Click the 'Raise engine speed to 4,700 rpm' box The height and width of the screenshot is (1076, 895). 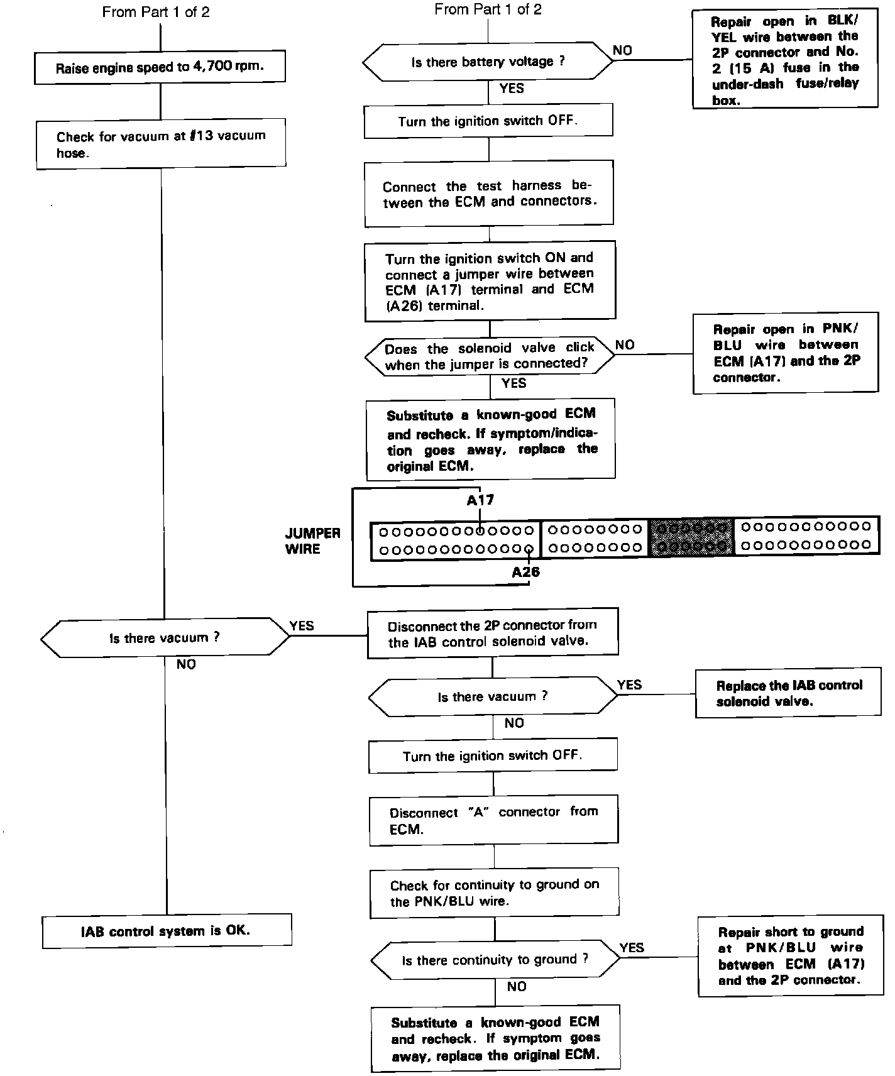[x=160, y=67]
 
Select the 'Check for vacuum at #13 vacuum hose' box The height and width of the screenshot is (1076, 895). [x=161, y=145]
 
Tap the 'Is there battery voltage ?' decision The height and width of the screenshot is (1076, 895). [x=488, y=62]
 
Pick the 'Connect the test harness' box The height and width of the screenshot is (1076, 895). [x=488, y=194]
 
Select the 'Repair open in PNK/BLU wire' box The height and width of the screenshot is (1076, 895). [x=786, y=353]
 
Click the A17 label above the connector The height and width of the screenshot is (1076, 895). [x=480, y=500]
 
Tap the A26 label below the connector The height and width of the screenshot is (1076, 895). [x=525, y=572]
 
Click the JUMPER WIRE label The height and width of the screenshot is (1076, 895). [x=312, y=541]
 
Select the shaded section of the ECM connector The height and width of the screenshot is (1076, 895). [x=691, y=537]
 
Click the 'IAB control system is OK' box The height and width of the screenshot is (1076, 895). [x=167, y=931]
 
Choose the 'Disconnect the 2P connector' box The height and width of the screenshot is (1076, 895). [x=492, y=633]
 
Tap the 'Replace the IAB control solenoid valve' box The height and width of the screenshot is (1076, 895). [x=788, y=693]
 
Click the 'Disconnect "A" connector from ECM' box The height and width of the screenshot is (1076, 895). [x=493, y=820]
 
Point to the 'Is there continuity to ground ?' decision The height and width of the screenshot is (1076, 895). [x=495, y=960]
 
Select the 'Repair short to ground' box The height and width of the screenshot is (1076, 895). [x=791, y=956]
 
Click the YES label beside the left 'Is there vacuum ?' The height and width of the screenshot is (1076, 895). [x=302, y=625]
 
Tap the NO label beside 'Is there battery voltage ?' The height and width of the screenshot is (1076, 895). [x=622, y=50]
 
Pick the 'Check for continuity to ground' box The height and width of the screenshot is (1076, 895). [x=495, y=892]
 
